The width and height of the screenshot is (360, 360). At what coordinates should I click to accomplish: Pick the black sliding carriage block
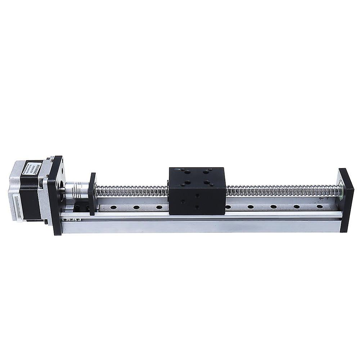click(x=197, y=191)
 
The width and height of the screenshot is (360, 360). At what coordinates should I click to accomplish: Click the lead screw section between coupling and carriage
click(x=131, y=190)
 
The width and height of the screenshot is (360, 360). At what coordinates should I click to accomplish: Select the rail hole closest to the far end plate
click(x=319, y=207)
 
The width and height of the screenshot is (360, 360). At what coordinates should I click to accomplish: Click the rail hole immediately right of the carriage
click(x=228, y=207)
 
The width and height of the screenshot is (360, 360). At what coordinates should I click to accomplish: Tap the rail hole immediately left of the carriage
click(x=159, y=207)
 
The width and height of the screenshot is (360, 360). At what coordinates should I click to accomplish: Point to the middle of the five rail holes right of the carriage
click(x=274, y=207)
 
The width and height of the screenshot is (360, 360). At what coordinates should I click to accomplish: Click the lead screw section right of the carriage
click(x=281, y=190)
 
